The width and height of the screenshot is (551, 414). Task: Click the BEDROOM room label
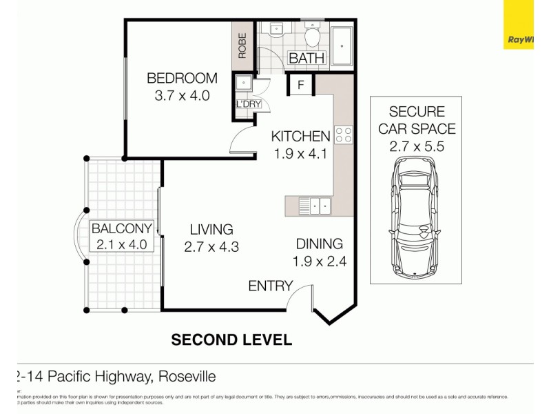click(182, 78)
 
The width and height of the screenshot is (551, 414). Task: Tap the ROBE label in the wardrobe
click(242, 45)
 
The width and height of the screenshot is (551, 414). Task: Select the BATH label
click(306, 58)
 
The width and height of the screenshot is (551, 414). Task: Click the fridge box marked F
click(301, 85)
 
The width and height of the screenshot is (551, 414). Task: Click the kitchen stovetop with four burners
click(344, 135)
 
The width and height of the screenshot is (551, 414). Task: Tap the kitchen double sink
click(316, 205)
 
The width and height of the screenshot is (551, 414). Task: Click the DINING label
click(319, 244)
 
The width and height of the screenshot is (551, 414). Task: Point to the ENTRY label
click(271, 286)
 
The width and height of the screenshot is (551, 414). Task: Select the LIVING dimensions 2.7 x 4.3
click(211, 247)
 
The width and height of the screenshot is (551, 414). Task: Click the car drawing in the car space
click(415, 218)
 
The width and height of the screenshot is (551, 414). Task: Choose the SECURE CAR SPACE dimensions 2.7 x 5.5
click(416, 146)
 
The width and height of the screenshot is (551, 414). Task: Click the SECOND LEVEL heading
click(231, 339)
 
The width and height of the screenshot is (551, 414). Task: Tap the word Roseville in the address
click(187, 377)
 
